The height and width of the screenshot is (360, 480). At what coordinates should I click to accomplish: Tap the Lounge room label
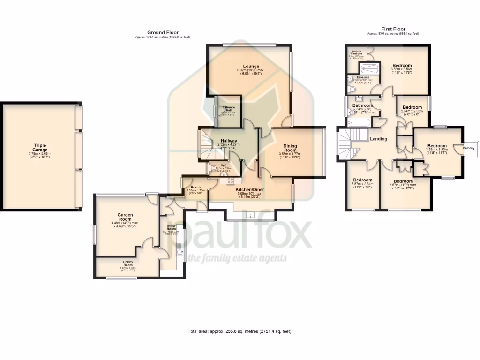(x=251, y=67)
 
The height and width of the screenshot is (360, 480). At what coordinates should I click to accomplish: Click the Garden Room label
(x=126, y=215)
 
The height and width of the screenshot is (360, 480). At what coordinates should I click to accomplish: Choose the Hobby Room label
(x=127, y=262)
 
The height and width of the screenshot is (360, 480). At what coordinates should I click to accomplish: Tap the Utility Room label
(x=171, y=226)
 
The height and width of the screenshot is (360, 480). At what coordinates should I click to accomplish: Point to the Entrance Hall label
(x=228, y=108)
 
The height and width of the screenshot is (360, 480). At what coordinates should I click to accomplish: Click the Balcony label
(x=469, y=149)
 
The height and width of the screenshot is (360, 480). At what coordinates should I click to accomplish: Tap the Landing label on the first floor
(x=378, y=139)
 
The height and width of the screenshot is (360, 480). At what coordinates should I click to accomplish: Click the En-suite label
(x=362, y=77)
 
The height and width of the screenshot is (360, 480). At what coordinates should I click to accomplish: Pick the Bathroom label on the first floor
(x=362, y=106)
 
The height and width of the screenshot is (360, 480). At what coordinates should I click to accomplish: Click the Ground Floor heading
(x=161, y=33)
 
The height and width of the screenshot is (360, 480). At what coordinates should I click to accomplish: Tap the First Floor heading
(x=393, y=29)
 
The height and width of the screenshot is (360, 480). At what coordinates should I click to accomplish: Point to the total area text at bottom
(x=240, y=331)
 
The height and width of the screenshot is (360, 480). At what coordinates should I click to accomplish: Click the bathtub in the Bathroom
(x=359, y=123)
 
